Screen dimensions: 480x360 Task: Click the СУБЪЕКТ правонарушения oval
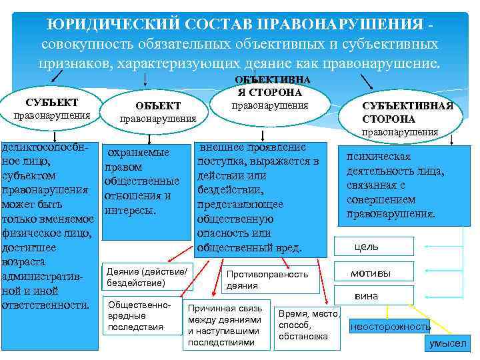coord(51,108)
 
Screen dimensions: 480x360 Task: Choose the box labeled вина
coord(373,295)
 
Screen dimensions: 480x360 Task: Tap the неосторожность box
coord(391,326)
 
